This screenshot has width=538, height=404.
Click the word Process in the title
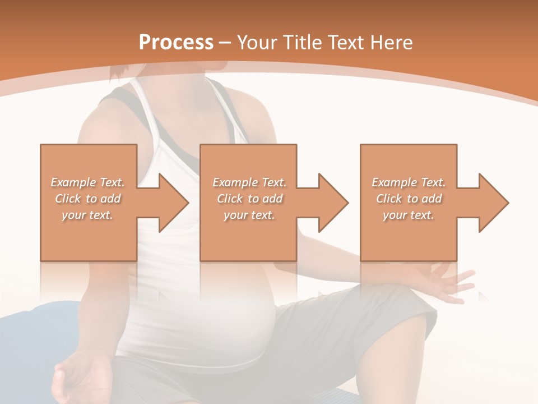pos(176,42)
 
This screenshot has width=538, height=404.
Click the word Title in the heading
pos(302,42)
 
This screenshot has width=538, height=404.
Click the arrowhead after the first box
pos(172,203)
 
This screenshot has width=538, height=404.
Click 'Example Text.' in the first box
pos(88,182)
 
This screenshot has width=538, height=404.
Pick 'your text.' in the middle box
pos(249,215)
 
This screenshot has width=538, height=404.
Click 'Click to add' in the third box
pos(409,199)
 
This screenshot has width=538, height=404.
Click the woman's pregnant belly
pos(247,314)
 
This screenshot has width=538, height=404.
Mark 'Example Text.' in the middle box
pos(249,182)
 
